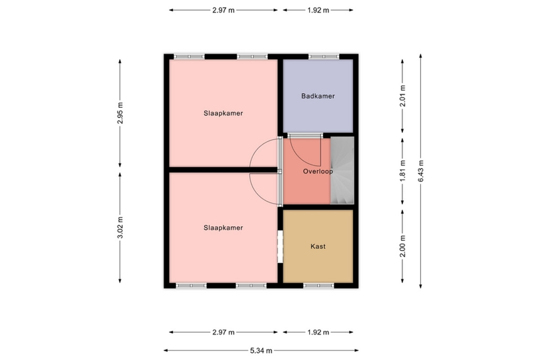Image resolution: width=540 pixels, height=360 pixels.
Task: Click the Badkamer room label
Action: (318, 96)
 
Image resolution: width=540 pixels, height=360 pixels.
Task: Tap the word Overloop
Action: (318, 171)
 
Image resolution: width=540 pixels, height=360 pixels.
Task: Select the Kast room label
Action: (318, 246)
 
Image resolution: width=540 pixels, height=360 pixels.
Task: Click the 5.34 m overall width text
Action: (261, 351)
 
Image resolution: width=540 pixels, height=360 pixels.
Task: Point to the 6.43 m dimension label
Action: (421, 171)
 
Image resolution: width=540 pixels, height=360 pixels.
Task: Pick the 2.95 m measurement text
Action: (120, 113)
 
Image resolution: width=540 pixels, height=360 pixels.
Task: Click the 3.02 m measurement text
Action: (120, 228)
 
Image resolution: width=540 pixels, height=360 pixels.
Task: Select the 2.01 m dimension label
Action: (402, 96)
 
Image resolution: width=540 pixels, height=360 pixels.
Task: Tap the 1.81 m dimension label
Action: (402, 171)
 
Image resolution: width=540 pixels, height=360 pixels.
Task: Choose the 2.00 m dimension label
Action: (402, 246)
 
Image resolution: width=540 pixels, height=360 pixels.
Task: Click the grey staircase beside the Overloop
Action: (342, 171)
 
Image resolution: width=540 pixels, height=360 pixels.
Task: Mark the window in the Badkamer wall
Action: (324, 57)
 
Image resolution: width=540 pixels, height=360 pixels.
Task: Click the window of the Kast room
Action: (319, 286)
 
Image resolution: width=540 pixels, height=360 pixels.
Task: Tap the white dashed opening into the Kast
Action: (280, 247)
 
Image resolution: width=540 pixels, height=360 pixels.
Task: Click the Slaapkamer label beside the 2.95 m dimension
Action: (223, 113)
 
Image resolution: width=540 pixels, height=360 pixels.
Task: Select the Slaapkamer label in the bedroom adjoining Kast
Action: (223, 228)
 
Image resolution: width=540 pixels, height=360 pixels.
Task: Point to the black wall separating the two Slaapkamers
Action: (223, 170)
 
